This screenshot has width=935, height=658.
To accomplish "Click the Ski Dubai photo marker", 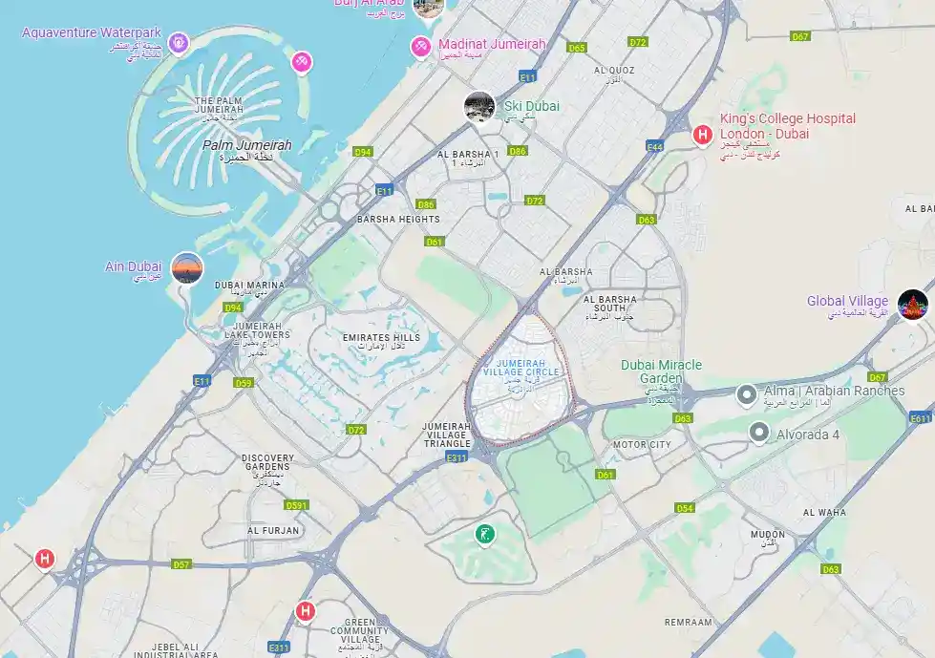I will click(479, 107).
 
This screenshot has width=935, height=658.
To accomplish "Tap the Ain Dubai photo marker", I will click(187, 268).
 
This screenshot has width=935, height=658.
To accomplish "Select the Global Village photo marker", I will click(912, 305).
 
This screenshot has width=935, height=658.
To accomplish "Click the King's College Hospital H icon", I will click(703, 135).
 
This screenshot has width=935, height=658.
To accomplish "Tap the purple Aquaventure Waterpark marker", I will click(177, 42).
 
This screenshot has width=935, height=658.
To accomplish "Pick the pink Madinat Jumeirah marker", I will click(420, 46).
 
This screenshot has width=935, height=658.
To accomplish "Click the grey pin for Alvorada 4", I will click(759, 433).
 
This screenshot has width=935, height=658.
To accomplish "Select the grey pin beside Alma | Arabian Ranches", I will click(747, 393).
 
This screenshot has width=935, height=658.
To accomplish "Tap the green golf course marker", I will click(485, 534).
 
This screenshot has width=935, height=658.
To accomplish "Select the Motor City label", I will click(643, 445).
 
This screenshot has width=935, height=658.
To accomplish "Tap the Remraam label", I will click(689, 622).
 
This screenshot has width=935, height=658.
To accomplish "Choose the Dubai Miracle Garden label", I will click(661, 371).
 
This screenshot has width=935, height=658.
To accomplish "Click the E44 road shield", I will click(655, 146).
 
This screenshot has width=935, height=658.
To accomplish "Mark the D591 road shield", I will click(297, 505).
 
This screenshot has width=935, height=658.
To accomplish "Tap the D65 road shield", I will click(577, 47).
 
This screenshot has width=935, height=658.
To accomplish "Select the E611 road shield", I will click(921, 418).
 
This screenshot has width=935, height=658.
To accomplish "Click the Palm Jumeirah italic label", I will click(247, 145).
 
